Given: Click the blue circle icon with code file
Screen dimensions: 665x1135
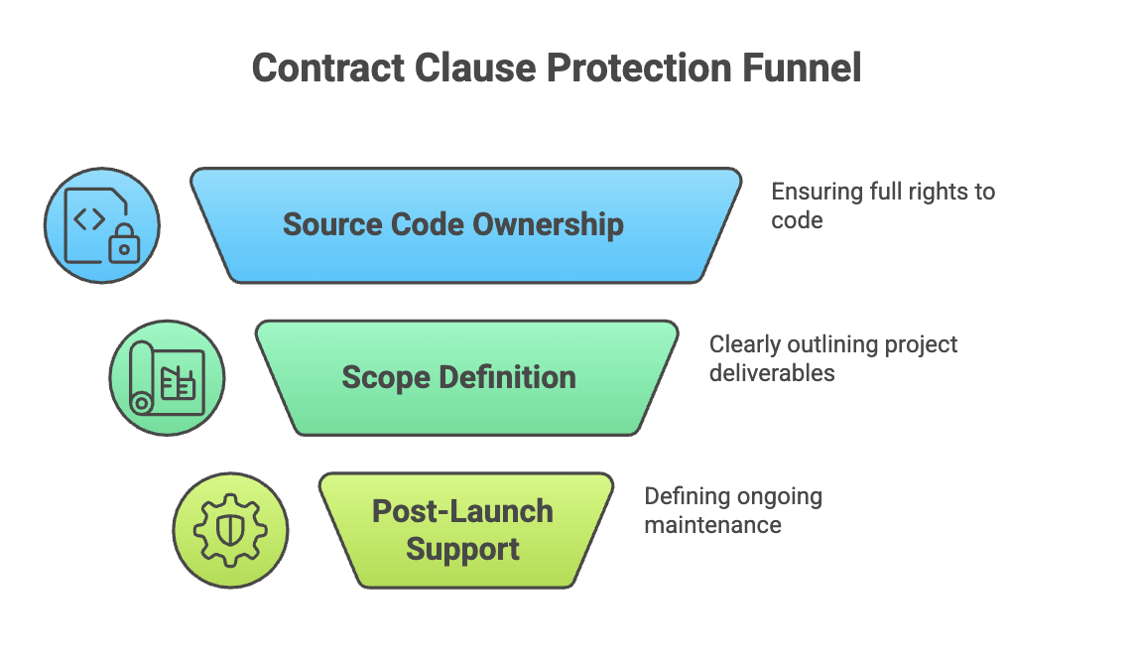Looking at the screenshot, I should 102,225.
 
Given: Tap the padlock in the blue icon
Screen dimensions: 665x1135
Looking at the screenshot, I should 122,245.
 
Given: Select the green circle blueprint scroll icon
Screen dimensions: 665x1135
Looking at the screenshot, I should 167,378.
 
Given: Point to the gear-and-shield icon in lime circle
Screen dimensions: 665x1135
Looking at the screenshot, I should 230,530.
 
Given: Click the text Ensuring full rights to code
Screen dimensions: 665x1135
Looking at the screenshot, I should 882,205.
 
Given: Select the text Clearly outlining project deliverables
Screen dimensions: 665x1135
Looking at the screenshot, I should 832,358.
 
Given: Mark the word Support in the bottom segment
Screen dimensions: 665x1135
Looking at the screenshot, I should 463,549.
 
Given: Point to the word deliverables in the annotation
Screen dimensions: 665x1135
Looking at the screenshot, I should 772,373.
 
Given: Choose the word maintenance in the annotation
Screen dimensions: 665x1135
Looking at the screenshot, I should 712,525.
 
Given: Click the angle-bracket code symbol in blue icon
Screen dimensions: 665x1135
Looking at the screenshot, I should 90,218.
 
